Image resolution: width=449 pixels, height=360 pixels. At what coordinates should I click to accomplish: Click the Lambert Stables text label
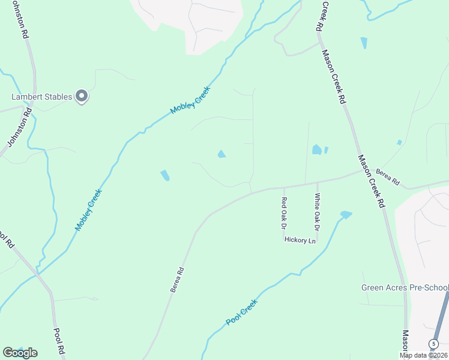[41, 97]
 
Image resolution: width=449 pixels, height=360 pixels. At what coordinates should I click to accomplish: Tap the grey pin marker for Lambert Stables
[82, 96]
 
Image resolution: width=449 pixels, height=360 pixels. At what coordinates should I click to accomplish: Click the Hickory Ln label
[300, 240]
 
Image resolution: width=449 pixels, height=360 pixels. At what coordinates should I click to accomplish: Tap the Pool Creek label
[241, 312]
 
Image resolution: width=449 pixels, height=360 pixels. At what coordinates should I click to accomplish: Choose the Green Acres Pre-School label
[405, 287]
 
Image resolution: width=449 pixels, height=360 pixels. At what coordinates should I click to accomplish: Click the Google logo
[20, 352]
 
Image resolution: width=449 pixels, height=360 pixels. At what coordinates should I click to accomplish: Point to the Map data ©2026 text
[424, 355]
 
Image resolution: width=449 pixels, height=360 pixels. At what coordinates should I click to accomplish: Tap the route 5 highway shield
[433, 344]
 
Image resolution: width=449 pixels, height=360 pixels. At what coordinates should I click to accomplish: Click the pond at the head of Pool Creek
[346, 214]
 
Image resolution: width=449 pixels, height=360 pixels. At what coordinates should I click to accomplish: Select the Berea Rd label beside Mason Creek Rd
[388, 177]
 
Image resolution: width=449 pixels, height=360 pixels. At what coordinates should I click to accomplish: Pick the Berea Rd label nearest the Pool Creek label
[176, 280]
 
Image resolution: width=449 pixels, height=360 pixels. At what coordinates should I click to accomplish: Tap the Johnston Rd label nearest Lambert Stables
[18, 130]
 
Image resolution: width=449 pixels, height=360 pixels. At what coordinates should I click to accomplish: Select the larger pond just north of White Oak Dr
[316, 149]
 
